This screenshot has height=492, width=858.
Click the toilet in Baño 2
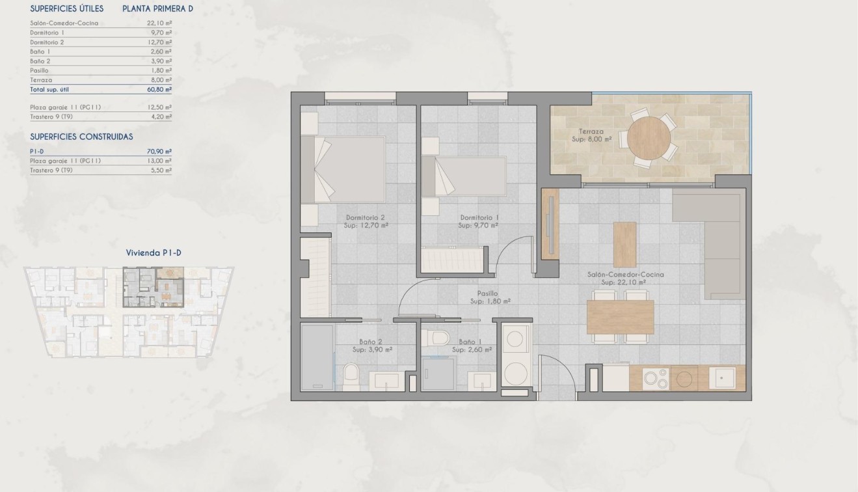pyautogui.click(x=351, y=375)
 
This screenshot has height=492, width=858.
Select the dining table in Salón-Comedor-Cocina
pyautogui.click(x=620, y=317)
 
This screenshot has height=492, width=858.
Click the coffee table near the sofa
pyautogui.click(x=625, y=244)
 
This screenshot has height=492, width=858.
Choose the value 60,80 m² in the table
pyautogui.click(x=159, y=89)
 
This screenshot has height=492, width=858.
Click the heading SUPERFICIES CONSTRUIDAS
pyautogui.click(x=81, y=137)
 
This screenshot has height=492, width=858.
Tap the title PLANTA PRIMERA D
pyautogui.click(x=157, y=8)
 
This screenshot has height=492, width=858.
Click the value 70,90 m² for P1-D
pyautogui.click(x=159, y=151)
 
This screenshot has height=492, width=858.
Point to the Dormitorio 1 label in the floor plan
pyautogui.click(x=478, y=217)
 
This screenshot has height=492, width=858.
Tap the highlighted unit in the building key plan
pyautogui.click(x=153, y=286)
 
